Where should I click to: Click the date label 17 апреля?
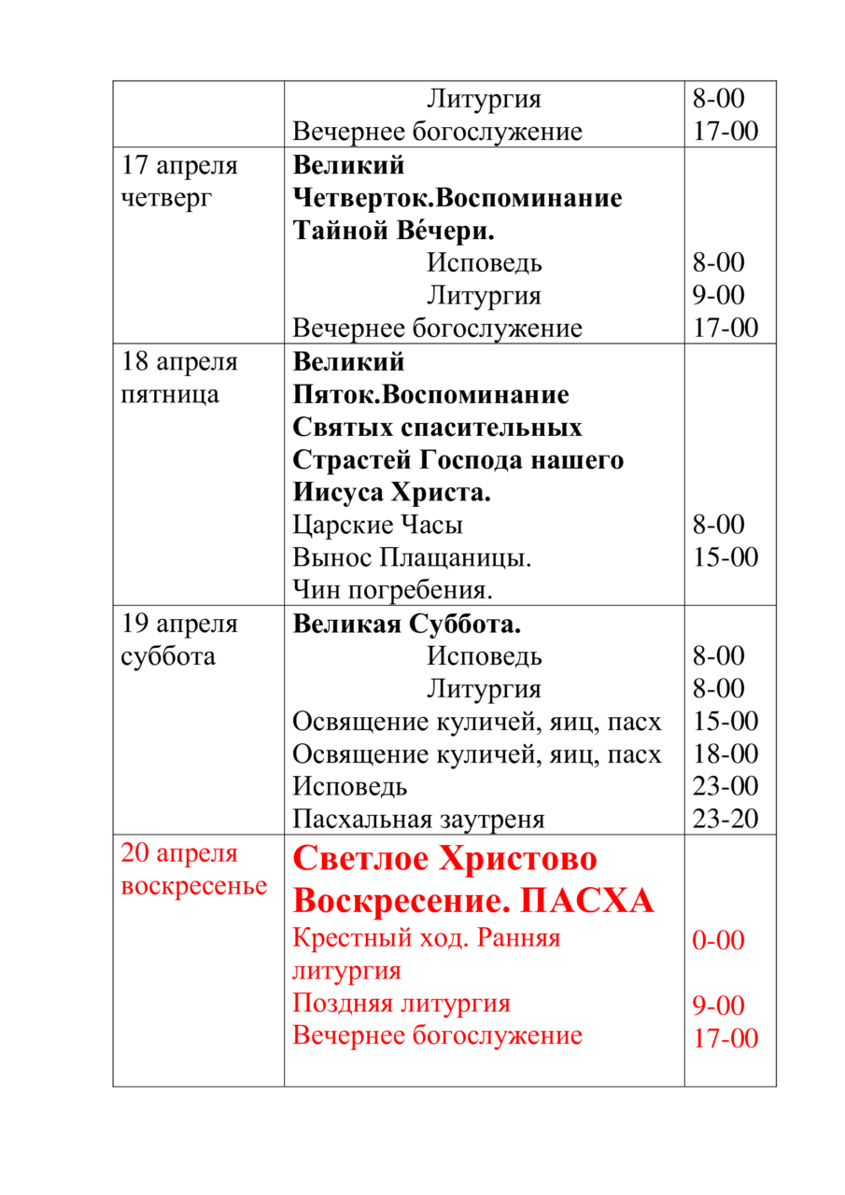point(179,166)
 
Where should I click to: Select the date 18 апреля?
point(179,362)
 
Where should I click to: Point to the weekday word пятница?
point(170,395)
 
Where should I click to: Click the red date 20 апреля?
point(179,853)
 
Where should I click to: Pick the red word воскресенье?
point(194,885)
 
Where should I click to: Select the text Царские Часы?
point(377,526)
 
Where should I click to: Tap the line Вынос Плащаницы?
point(412,558)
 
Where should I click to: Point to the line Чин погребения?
point(392,591)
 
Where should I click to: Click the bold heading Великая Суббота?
point(407,624)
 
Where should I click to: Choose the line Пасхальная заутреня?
point(418,820)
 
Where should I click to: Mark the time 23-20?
point(725,820)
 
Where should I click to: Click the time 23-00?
point(725,787)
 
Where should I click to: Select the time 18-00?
point(725,754)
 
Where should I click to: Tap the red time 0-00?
point(718,940)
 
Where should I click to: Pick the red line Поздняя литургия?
point(401,1004)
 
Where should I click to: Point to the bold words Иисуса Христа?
point(392,492)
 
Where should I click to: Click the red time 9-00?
point(718,1006)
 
